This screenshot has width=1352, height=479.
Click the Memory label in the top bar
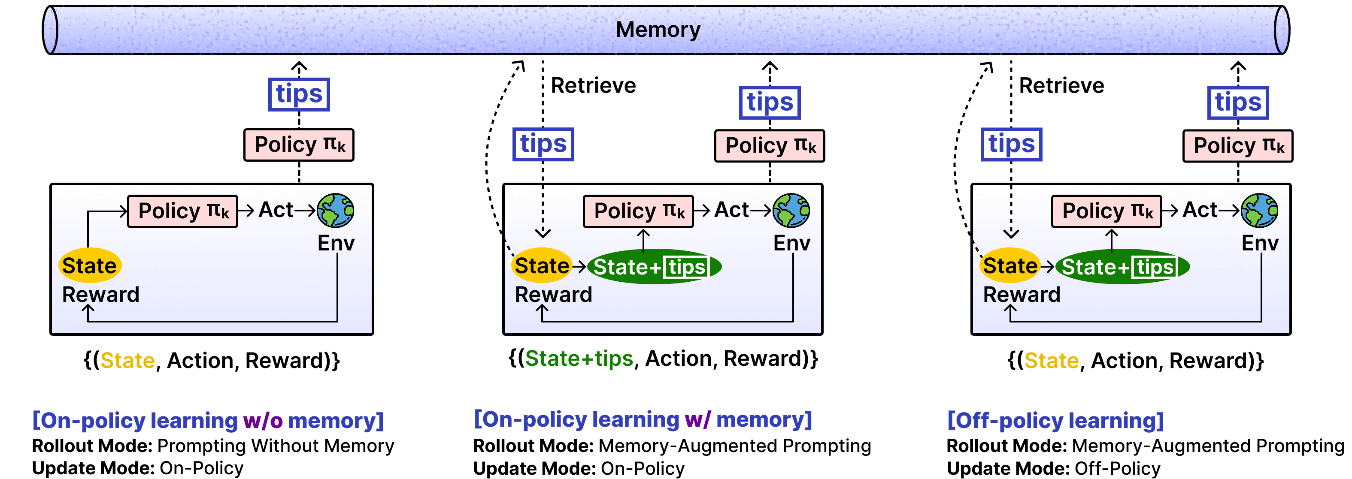pos(658,30)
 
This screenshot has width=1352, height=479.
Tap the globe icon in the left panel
pos(335,211)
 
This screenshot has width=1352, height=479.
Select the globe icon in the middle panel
pos(791,211)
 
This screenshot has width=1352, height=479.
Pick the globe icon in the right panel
pos(1259,211)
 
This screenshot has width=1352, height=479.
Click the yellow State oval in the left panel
pos(90,265)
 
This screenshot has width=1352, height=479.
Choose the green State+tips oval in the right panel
pos(1122,267)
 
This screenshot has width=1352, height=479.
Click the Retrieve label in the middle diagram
pos(593,85)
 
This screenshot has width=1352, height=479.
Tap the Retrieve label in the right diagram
pos(1061,85)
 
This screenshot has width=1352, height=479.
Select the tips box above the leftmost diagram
pos(299,94)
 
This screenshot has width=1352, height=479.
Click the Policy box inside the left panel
pos(183,211)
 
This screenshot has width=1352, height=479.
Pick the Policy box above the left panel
pos(299,145)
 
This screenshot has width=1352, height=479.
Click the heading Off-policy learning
pos(1055,420)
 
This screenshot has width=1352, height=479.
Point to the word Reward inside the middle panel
pos(553,294)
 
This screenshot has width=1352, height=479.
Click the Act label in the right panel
pos(1199,210)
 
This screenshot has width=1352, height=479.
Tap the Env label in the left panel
pos(336,243)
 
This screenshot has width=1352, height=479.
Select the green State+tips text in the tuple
pos(579,359)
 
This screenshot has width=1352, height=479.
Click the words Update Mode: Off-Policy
pos(1053,468)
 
